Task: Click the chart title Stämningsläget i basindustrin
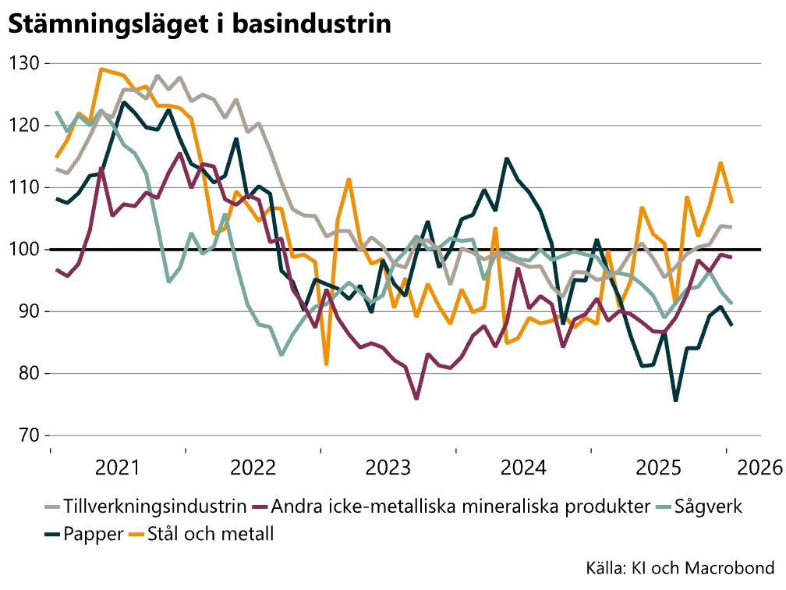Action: click(x=199, y=25)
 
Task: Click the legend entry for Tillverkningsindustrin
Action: click(x=145, y=506)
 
